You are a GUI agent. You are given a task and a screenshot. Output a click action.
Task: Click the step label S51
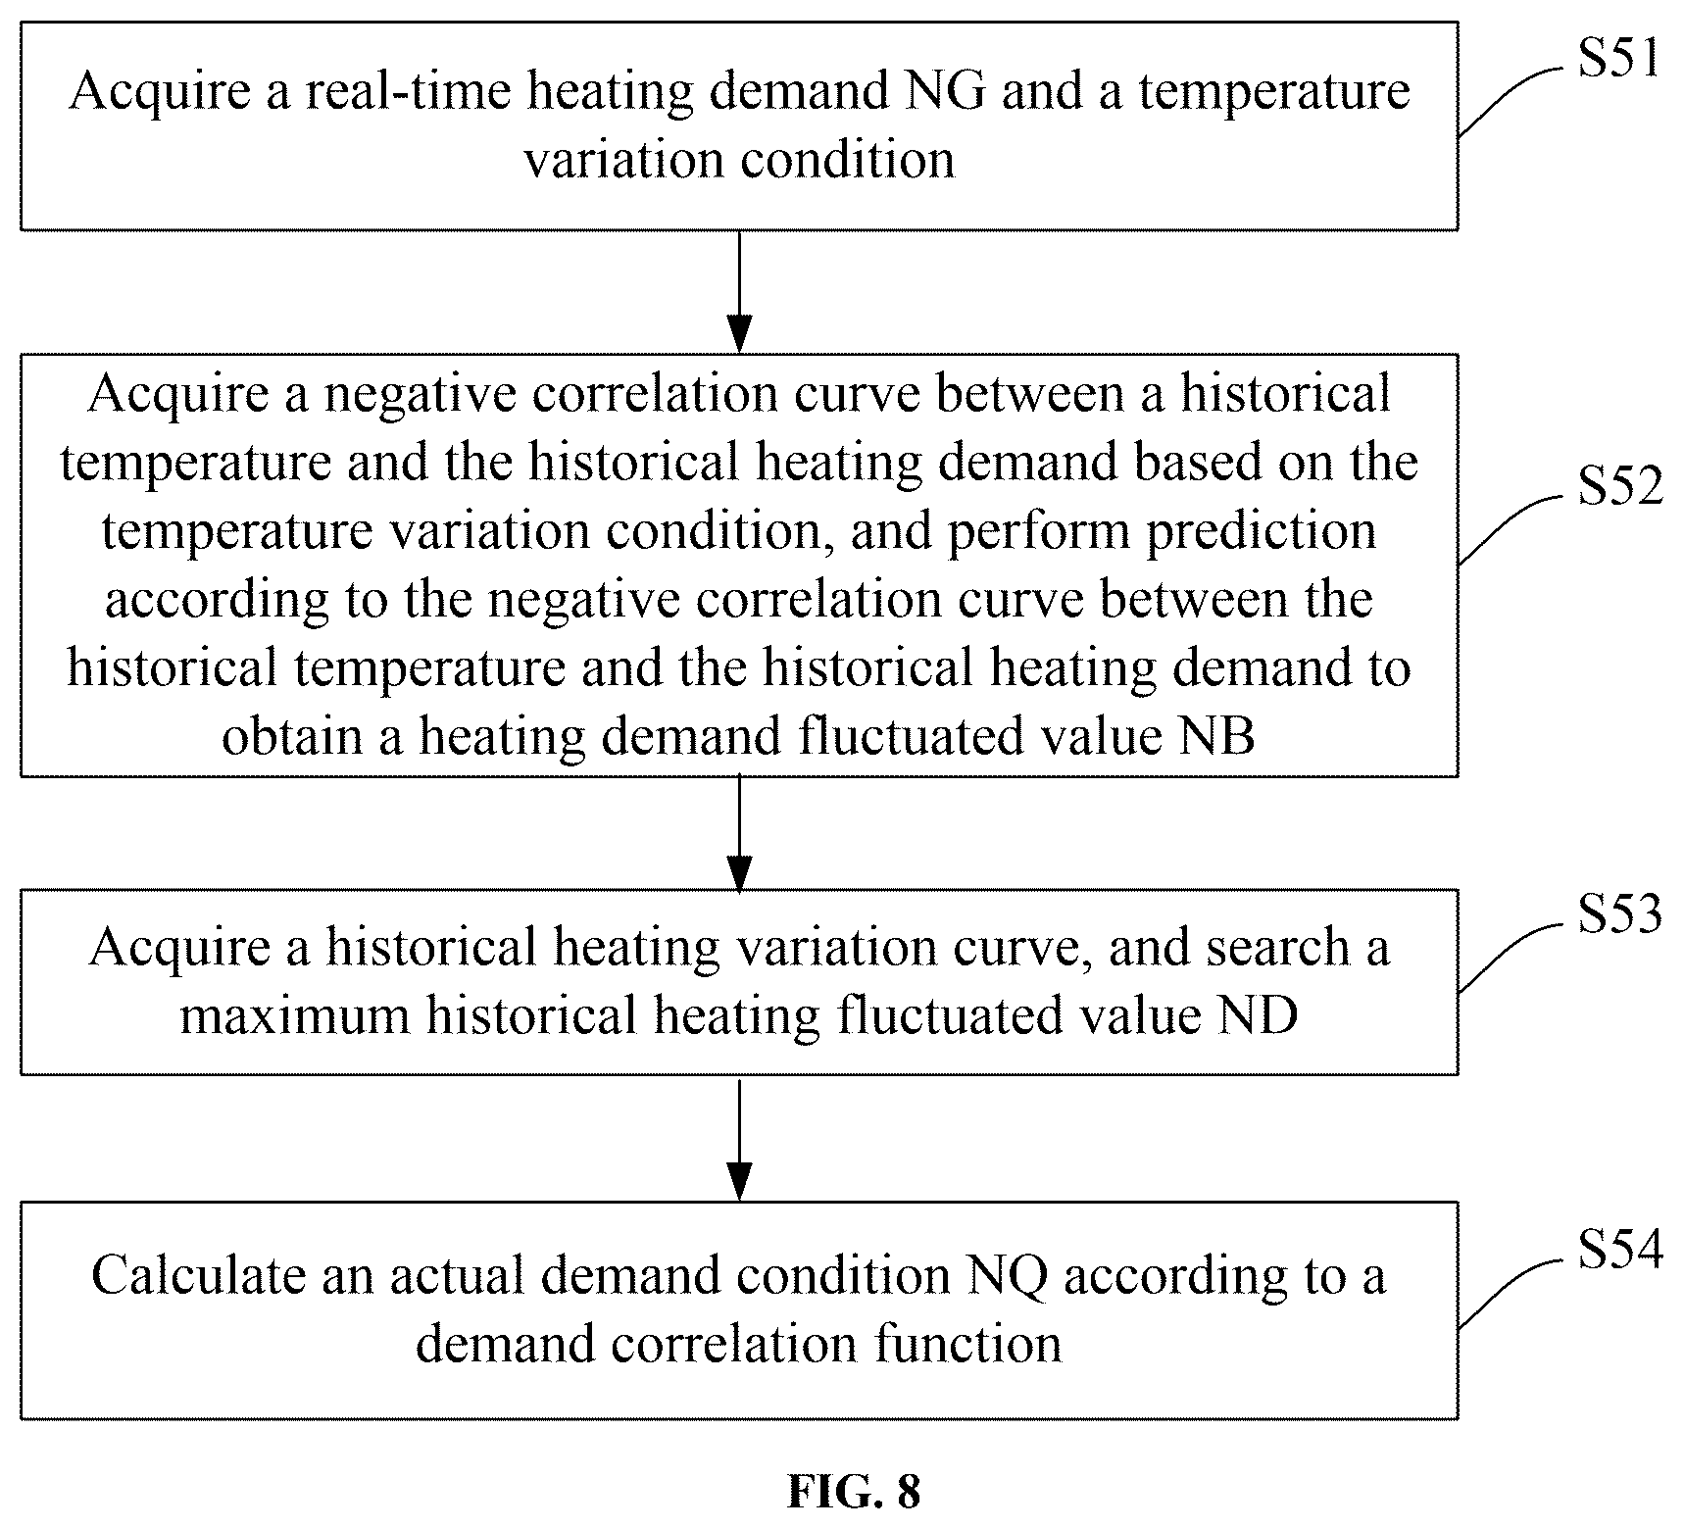tap(1620, 58)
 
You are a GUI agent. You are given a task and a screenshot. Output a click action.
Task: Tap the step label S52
tap(1620, 485)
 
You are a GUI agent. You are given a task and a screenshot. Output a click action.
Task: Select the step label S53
tap(1620, 913)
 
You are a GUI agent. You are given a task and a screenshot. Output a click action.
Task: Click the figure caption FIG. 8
tap(854, 1492)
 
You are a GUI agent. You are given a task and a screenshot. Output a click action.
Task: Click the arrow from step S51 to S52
tap(739, 291)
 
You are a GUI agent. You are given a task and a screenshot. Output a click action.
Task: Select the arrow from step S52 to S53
tap(739, 833)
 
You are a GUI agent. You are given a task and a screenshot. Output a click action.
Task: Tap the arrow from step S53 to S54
tap(739, 1138)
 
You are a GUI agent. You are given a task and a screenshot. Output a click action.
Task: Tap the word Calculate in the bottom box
tap(191, 1275)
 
